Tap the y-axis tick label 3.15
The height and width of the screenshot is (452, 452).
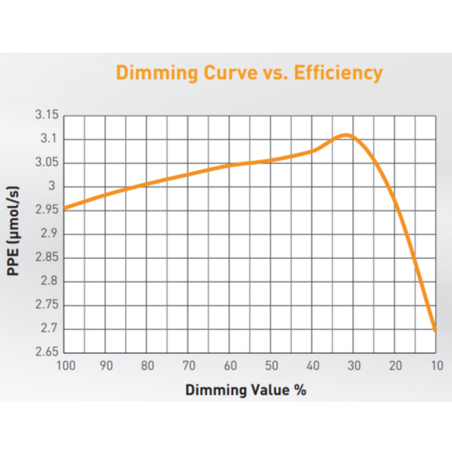[47, 115]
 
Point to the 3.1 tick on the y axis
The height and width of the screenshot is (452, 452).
[49, 138]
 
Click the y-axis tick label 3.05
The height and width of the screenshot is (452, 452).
[47, 162]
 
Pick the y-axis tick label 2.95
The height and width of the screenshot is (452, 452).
[47, 210]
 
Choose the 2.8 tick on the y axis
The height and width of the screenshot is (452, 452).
[49, 281]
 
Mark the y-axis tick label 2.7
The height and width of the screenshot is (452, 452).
[49, 328]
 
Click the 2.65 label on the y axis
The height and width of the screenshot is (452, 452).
[47, 352]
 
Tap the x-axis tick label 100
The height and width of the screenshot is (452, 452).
[66, 366]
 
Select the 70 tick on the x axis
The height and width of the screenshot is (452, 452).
[189, 366]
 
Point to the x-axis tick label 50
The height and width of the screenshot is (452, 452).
[271, 366]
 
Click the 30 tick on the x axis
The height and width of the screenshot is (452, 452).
[354, 366]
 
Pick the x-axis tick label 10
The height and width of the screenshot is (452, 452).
[437, 366]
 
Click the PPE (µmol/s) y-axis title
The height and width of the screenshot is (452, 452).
[13, 231]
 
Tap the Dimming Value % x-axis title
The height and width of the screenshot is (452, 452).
[246, 390]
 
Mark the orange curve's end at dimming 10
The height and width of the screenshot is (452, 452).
[435, 329]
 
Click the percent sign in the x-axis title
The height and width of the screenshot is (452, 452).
[300, 390]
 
